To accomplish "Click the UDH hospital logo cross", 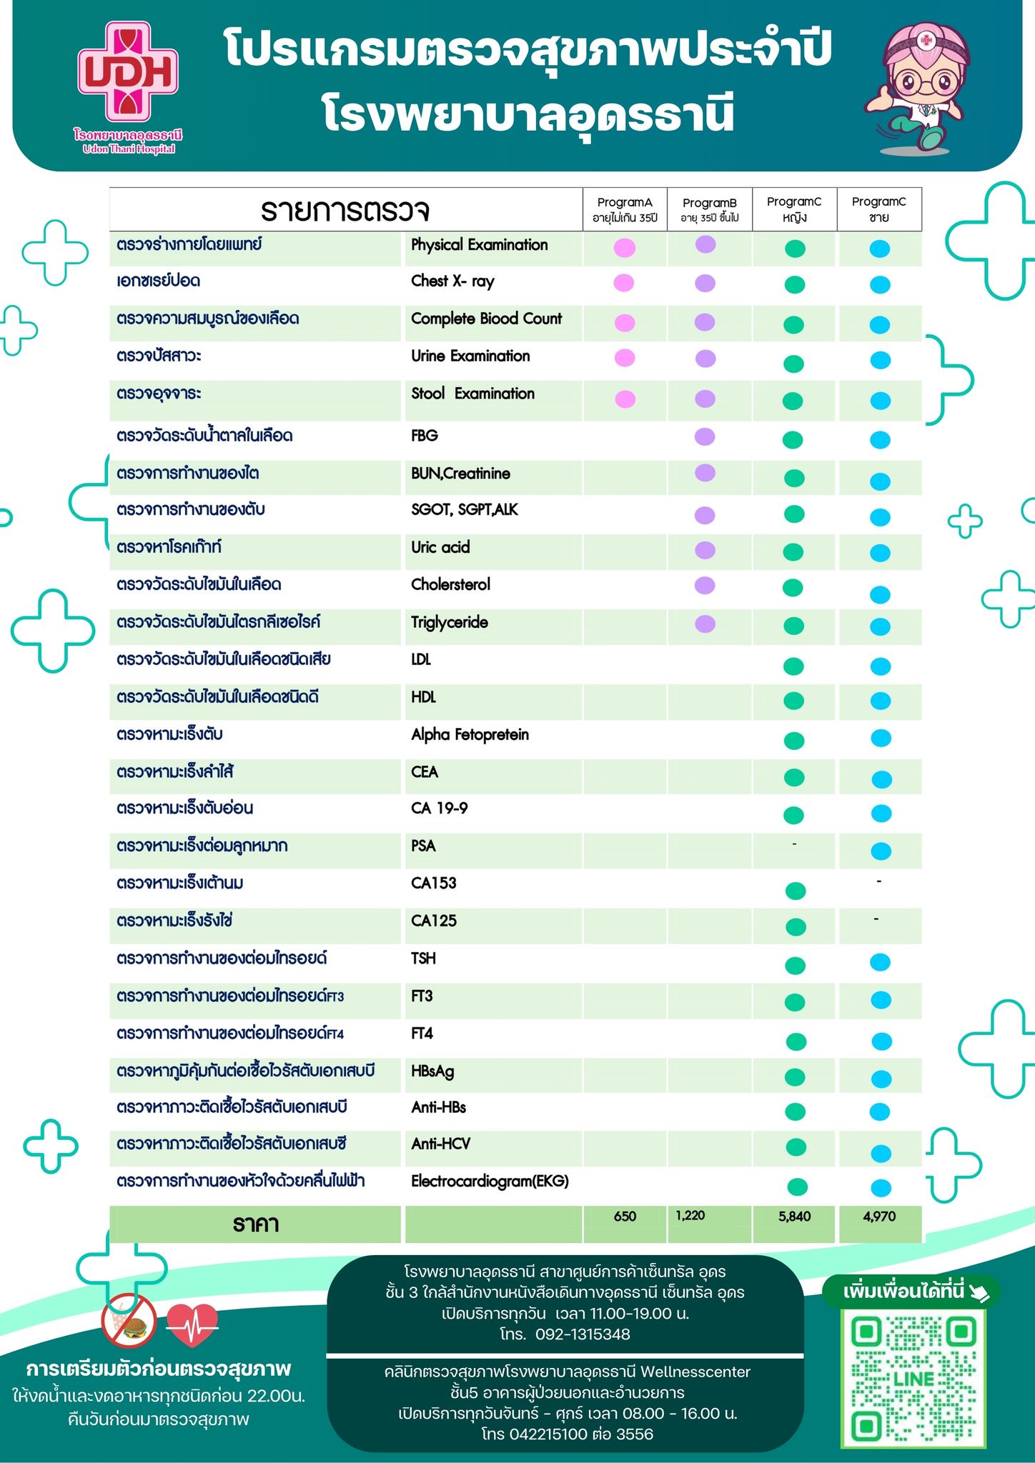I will (x=128, y=71).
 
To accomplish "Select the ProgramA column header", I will (x=625, y=209).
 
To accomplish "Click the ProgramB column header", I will (x=709, y=209).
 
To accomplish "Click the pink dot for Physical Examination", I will (x=625, y=248).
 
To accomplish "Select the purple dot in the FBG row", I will (x=705, y=436).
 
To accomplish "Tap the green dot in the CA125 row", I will (x=796, y=927).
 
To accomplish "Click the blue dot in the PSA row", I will (x=881, y=851).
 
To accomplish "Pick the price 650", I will (x=625, y=1217).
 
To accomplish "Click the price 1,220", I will (x=690, y=1216).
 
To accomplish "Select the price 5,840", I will (x=794, y=1217).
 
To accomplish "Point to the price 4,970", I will (x=879, y=1217).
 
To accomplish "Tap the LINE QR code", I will (x=913, y=1378).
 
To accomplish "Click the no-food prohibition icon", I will (x=129, y=1320).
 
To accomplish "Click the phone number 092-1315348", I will (x=583, y=1334).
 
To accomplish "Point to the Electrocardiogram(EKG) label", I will (x=490, y=1182).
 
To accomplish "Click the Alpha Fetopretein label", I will (x=470, y=734).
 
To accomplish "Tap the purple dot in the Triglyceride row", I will (x=705, y=624).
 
